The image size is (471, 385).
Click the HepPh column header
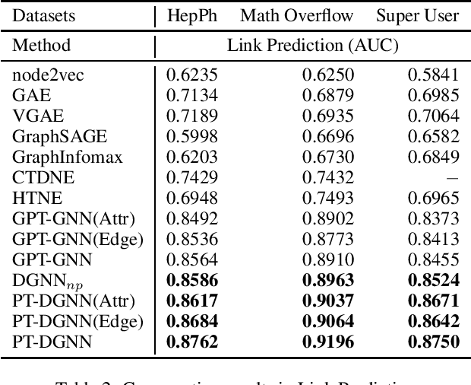pyautogui.click(x=192, y=15)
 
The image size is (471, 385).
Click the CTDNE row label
pyautogui.click(x=37, y=177)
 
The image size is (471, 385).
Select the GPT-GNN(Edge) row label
pyautogui.click(x=77, y=239)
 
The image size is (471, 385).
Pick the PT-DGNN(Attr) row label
pyautogui.click(x=74, y=301)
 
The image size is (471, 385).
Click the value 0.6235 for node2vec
pyautogui.click(x=192, y=75)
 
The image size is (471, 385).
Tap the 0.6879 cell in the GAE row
pyautogui.click(x=328, y=95)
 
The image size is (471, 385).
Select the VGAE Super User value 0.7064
pyautogui.click(x=433, y=116)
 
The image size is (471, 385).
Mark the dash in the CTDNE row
pyautogui.click(x=454, y=177)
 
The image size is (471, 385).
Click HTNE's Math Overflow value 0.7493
pyautogui.click(x=328, y=198)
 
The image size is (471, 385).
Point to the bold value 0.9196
pyautogui.click(x=327, y=342)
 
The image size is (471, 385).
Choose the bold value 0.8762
pyautogui.click(x=191, y=342)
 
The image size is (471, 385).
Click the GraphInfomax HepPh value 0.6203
pyautogui.click(x=192, y=157)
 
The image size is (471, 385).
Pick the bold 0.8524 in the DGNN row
pyautogui.click(x=432, y=280)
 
